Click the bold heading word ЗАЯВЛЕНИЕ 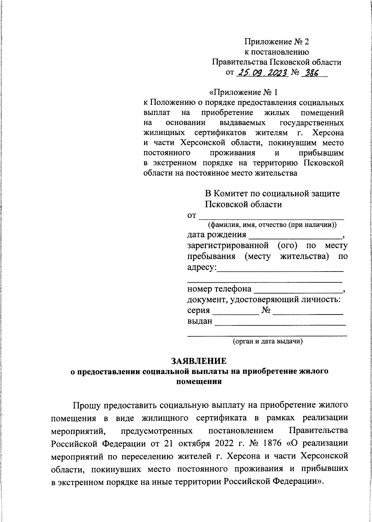pyautogui.click(x=199, y=361)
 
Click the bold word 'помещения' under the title pyautogui.click(x=199, y=381)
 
